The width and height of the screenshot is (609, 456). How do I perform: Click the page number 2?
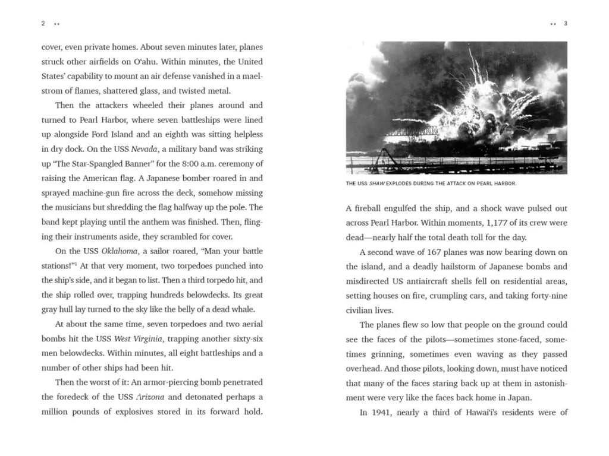click(43, 24)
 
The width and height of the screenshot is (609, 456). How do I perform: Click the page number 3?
click(566, 24)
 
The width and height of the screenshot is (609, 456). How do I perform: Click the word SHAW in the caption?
click(377, 183)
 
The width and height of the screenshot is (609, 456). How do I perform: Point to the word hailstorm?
click(445, 267)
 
